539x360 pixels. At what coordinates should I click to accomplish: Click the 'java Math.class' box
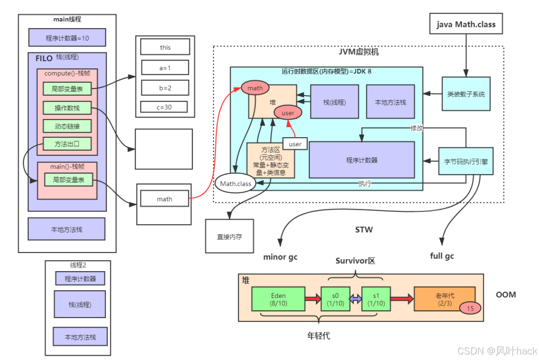pyautogui.click(x=466, y=24)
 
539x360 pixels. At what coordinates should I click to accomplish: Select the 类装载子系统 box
pyautogui.click(x=466, y=94)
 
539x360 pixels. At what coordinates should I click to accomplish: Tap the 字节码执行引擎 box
pyautogui.click(x=466, y=161)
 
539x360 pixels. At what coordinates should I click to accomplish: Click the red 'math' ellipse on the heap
pyautogui.click(x=255, y=88)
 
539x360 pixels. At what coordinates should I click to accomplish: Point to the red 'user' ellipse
pyautogui.click(x=288, y=113)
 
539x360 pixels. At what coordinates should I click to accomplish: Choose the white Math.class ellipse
pyautogui.click(x=233, y=184)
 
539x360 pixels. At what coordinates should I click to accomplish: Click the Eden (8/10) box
pyautogui.click(x=278, y=299)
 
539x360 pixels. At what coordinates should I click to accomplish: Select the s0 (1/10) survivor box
pyautogui.click(x=335, y=299)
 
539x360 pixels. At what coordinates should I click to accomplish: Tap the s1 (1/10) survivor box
pyautogui.click(x=376, y=299)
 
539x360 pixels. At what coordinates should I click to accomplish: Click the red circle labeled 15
pyautogui.click(x=470, y=309)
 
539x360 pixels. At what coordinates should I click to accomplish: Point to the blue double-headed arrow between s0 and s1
pyautogui.click(x=355, y=299)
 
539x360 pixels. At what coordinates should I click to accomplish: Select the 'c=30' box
pyautogui.click(x=164, y=107)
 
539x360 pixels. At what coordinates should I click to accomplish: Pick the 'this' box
pyautogui.click(x=165, y=47)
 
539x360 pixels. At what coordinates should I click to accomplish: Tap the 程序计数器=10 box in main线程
pyautogui.click(x=67, y=38)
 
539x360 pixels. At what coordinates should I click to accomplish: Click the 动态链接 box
pyautogui.click(x=67, y=126)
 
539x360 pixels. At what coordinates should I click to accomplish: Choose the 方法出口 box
pyautogui.click(x=67, y=144)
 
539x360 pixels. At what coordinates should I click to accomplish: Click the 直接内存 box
pyautogui.click(x=229, y=237)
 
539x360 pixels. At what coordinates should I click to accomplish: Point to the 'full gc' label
pyautogui.click(x=442, y=256)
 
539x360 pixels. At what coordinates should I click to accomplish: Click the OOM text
pyautogui.click(x=506, y=294)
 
